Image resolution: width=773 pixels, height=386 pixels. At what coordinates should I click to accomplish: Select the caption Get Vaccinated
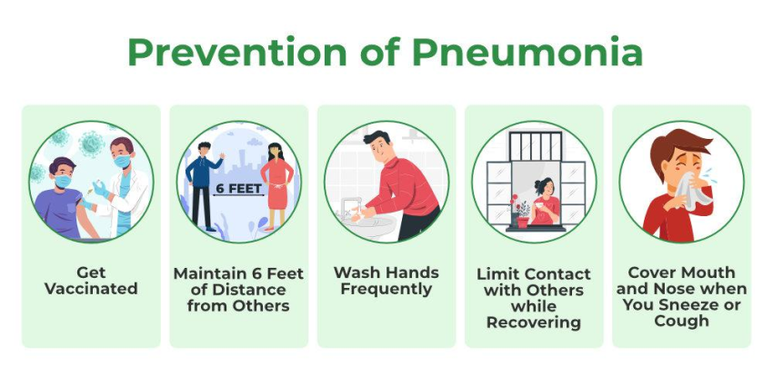point(91,281)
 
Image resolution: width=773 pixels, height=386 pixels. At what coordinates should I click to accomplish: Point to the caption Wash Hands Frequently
point(386,281)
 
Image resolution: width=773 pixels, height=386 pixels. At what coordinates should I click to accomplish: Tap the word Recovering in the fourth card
point(533,322)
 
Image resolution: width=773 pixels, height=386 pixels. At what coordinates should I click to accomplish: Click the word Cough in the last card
point(681,322)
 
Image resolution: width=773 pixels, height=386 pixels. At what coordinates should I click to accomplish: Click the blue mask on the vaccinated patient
point(61,181)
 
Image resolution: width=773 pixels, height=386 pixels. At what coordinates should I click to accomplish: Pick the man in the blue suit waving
point(203,186)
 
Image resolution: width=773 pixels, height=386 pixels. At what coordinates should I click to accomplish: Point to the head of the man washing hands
point(380,146)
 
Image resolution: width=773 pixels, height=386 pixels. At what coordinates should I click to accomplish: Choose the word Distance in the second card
point(237,290)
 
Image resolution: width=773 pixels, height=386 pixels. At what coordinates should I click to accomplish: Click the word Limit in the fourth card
point(500,273)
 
